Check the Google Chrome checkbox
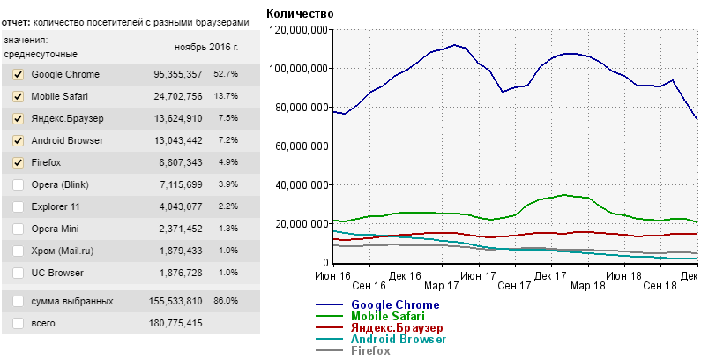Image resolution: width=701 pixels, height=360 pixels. (18, 74)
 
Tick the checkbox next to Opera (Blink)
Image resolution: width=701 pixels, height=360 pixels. (18, 184)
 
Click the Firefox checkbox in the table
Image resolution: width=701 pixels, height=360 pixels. (18, 162)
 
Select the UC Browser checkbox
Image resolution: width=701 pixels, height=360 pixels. (18, 273)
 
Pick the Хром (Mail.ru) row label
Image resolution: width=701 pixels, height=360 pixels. (62, 251)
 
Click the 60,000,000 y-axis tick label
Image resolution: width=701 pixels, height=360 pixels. (302, 146)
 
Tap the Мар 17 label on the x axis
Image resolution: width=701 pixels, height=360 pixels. (441, 287)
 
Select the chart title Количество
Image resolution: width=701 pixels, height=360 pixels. (300, 13)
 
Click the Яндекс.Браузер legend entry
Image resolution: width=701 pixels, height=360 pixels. (396, 327)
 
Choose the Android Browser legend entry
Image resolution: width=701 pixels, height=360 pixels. (399, 339)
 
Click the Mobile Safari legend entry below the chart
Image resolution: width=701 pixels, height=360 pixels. (387, 316)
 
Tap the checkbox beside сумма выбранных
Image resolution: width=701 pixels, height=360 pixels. (18, 301)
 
